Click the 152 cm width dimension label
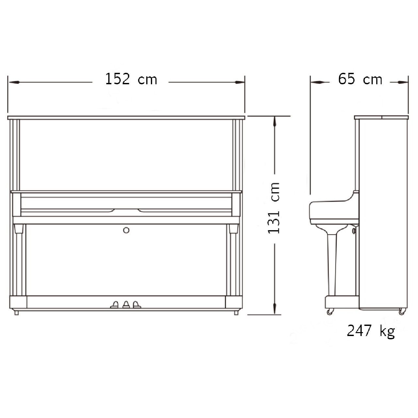click(x=131, y=79)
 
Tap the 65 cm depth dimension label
click(x=360, y=79)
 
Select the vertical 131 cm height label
click(x=274, y=208)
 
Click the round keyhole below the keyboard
click(x=126, y=230)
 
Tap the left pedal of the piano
click(x=114, y=305)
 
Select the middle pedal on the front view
click(x=126, y=305)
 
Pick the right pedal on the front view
click(x=137, y=305)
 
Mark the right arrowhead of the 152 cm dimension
click(x=239, y=82)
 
